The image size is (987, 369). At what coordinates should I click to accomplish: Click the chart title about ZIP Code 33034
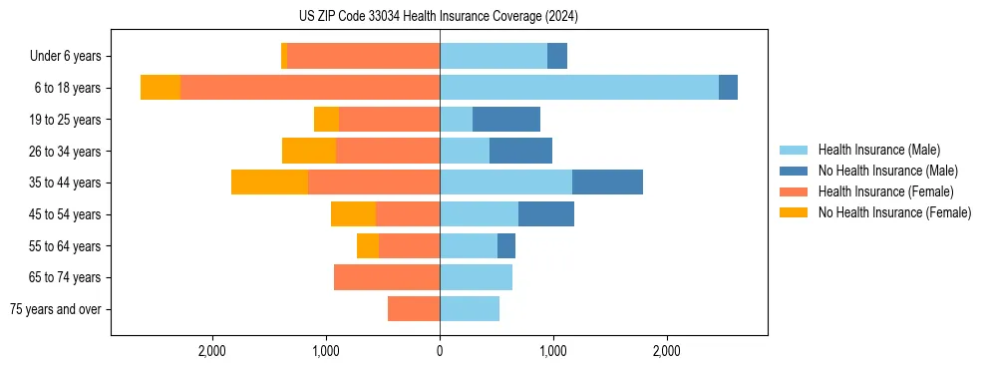click(439, 17)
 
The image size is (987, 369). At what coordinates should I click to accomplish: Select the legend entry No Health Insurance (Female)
click(894, 212)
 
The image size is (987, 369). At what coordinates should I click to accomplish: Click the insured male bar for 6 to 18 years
click(578, 88)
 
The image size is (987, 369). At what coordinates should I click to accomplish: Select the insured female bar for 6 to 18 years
click(310, 88)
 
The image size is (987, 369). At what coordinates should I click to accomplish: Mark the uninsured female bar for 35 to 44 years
click(269, 183)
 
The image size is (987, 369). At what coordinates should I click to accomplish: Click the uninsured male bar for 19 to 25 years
click(506, 120)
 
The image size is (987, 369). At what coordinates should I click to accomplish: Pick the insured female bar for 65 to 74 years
click(387, 277)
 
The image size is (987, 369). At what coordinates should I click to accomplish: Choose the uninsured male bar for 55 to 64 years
click(506, 245)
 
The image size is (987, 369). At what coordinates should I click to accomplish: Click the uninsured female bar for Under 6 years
click(284, 57)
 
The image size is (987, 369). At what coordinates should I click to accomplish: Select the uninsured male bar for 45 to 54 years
click(546, 213)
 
